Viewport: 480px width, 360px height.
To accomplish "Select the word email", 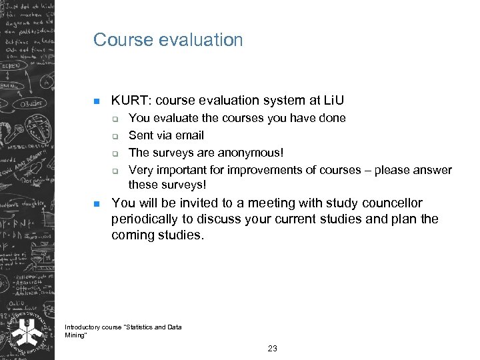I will pyautogui.click(x=189, y=135).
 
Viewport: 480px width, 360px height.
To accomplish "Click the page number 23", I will pyautogui.click(x=272, y=349).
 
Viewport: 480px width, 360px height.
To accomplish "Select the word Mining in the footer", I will pyautogui.click(x=75, y=335).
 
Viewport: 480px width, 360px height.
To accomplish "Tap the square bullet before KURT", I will pyautogui.click(x=96, y=102).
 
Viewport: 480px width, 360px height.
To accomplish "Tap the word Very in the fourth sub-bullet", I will pyautogui.click(x=140, y=170).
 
